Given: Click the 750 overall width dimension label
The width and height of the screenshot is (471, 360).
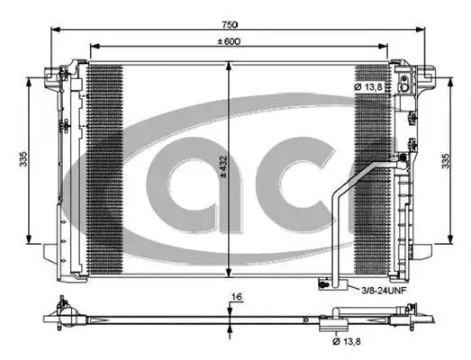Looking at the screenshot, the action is [x=230, y=24].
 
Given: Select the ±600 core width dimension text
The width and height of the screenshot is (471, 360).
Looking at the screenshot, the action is [x=229, y=41].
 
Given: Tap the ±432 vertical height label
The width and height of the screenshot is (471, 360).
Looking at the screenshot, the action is [x=222, y=166].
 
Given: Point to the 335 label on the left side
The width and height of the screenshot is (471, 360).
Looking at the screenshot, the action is [x=23, y=159].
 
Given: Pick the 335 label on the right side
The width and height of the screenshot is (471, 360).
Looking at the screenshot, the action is [x=446, y=161].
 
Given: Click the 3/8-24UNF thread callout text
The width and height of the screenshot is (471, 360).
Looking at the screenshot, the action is [x=384, y=291].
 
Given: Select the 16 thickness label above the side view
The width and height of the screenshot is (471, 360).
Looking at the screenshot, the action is [x=237, y=297].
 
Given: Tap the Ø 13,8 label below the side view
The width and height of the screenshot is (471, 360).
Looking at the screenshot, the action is [x=347, y=341].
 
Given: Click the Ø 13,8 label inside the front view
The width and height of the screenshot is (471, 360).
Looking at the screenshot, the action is [x=368, y=87].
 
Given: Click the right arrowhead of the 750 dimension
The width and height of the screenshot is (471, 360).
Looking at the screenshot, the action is [x=421, y=30].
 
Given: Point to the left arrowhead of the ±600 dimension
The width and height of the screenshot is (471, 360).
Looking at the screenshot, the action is [x=95, y=46].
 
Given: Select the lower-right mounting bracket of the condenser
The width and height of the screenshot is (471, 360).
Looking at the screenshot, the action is [x=423, y=252].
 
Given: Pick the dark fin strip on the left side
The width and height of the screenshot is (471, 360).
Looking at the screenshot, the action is [x=104, y=169].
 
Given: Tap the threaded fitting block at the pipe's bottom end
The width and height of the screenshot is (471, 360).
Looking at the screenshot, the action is [x=333, y=284].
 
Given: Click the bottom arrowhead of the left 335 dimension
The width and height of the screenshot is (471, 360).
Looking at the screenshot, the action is [x=29, y=239].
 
